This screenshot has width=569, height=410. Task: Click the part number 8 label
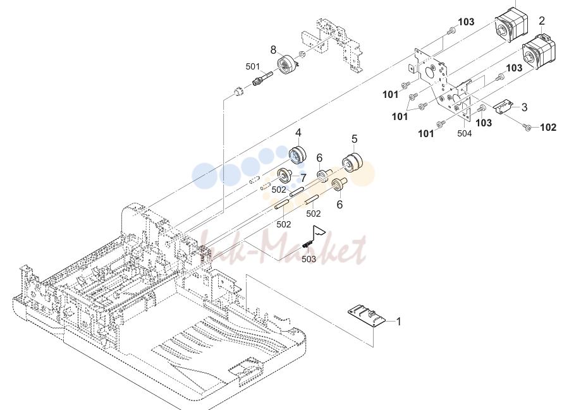point(273,50)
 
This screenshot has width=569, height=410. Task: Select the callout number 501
point(252,67)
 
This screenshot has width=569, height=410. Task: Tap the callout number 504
point(465,133)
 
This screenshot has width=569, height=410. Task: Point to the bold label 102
point(548,127)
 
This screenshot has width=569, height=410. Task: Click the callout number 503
point(309,259)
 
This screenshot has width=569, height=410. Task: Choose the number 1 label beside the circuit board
point(398,322)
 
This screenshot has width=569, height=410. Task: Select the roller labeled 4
point(298,155)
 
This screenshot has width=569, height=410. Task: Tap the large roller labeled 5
point(352,162)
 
